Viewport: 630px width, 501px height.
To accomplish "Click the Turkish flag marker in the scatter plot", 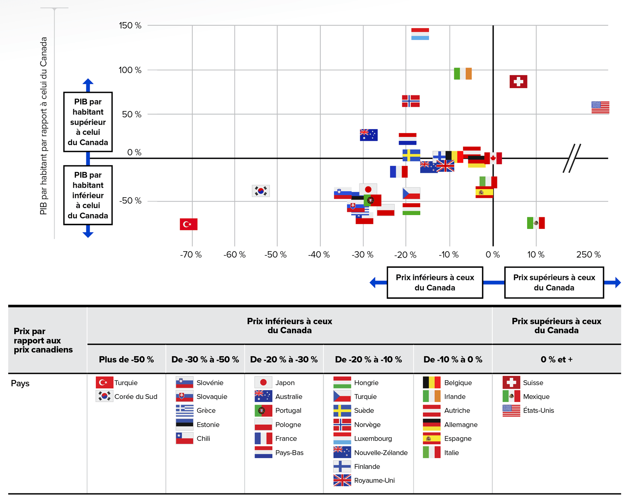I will [189, 224].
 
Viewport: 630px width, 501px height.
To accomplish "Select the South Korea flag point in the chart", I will [260, 191].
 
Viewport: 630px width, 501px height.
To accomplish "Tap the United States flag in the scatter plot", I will [600, 107].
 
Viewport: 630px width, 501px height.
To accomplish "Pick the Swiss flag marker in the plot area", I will [518, 81].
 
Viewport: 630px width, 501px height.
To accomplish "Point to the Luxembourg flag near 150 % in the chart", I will [420, 34].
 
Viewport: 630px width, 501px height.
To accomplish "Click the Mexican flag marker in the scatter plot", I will [535, 223].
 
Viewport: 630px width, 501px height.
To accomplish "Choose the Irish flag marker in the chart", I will [463, 74].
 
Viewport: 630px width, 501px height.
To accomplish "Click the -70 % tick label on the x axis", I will [191, 255].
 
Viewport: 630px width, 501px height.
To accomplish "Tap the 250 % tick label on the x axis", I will [588, 255].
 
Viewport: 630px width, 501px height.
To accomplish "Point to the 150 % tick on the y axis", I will [130, 25].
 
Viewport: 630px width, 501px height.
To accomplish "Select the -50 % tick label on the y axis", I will [130, 200].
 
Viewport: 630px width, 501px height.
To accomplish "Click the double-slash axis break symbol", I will [572, 158].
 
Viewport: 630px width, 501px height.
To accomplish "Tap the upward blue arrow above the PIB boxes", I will [88, 84].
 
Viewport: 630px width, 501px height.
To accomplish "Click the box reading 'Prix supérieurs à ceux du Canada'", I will [554, 282].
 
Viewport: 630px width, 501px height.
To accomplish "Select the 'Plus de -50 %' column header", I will [126, 359].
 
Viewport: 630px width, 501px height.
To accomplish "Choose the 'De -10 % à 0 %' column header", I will [453, 359].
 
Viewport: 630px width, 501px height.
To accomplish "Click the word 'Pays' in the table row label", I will [20, 383].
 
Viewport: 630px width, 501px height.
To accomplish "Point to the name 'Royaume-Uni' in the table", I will [374, 480].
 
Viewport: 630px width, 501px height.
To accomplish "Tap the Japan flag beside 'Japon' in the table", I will [263, 383].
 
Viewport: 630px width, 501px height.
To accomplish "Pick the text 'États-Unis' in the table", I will [538, 410].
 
